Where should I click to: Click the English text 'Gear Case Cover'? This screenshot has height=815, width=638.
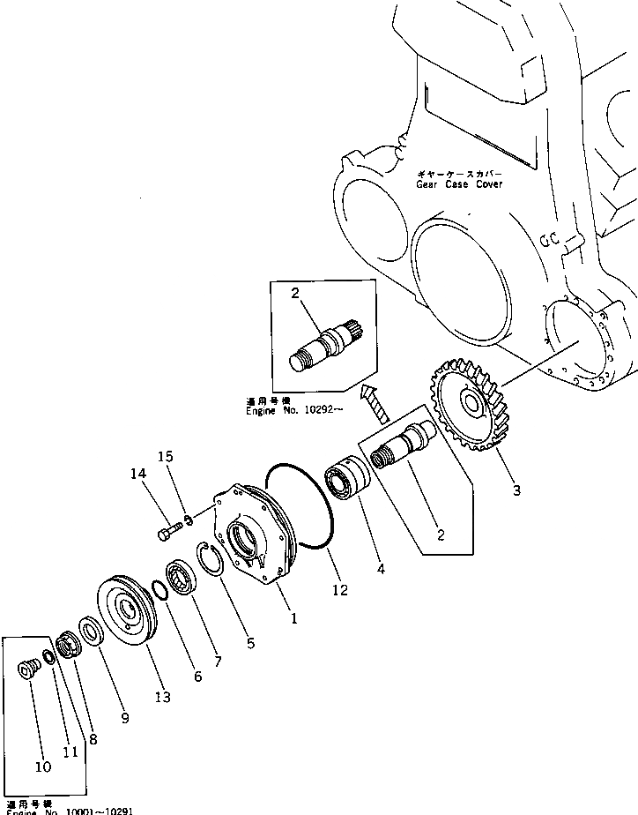point(460,184)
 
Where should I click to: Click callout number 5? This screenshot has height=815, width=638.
point(250,644)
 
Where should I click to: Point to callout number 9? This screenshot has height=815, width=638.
point(125,718)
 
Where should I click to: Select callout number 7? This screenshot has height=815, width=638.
point(218,662)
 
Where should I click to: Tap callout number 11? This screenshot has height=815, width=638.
point(70,751)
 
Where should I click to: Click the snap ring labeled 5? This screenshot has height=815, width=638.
point(209,559)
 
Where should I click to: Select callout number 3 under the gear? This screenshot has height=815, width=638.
point(516,490)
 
